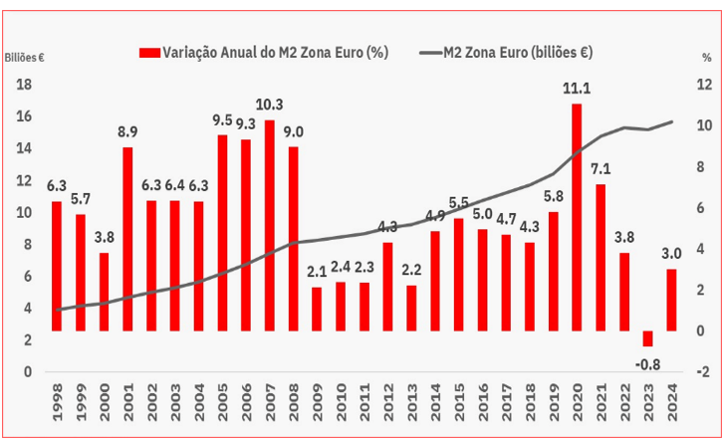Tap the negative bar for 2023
[x=647, y=338]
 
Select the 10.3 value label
[x=270, y=105]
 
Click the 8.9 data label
[x=127, y=131]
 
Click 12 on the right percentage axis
[x=703, y=85]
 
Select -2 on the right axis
[x=703, y=372]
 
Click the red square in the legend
[x=150, y=52]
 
